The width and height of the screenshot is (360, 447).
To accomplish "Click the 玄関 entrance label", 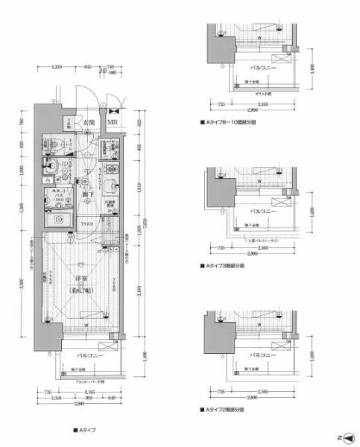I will coord(88,123).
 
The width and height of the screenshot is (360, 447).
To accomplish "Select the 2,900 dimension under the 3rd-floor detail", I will coord(256,254).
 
